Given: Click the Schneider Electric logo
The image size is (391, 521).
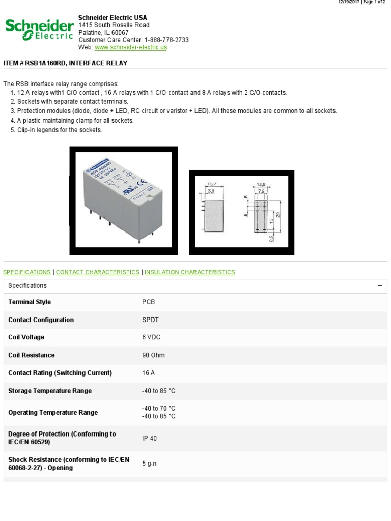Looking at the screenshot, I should (x=39, y=30).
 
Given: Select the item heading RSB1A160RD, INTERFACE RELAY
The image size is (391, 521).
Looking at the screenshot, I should (x=65, y=63).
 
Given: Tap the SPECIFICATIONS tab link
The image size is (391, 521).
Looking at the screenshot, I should (x=27, y=272).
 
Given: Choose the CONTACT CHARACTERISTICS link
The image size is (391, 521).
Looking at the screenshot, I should (x=98, y=272).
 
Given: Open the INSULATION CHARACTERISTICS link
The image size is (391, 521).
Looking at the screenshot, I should (x=190, y=272).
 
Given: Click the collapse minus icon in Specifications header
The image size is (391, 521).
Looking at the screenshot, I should (x=380, y=286).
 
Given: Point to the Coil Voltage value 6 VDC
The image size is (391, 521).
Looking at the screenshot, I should (x=151, y=337).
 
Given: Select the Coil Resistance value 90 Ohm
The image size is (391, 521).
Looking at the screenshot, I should (x=153, y=355).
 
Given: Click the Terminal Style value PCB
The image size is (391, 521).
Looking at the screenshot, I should (x=148, y=302).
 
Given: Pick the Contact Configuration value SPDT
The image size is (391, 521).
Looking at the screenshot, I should (x=150, y=320).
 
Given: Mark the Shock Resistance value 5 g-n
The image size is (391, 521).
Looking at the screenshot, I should (x=149, y=464).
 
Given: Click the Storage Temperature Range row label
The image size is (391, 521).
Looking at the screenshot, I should (x=50, y=391).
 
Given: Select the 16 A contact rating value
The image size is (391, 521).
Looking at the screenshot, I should (x=148, y=373).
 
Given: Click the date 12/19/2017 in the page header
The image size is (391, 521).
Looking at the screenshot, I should (x=348, y=3).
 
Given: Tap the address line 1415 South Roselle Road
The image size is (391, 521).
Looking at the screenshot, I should (x=114, y=25).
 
